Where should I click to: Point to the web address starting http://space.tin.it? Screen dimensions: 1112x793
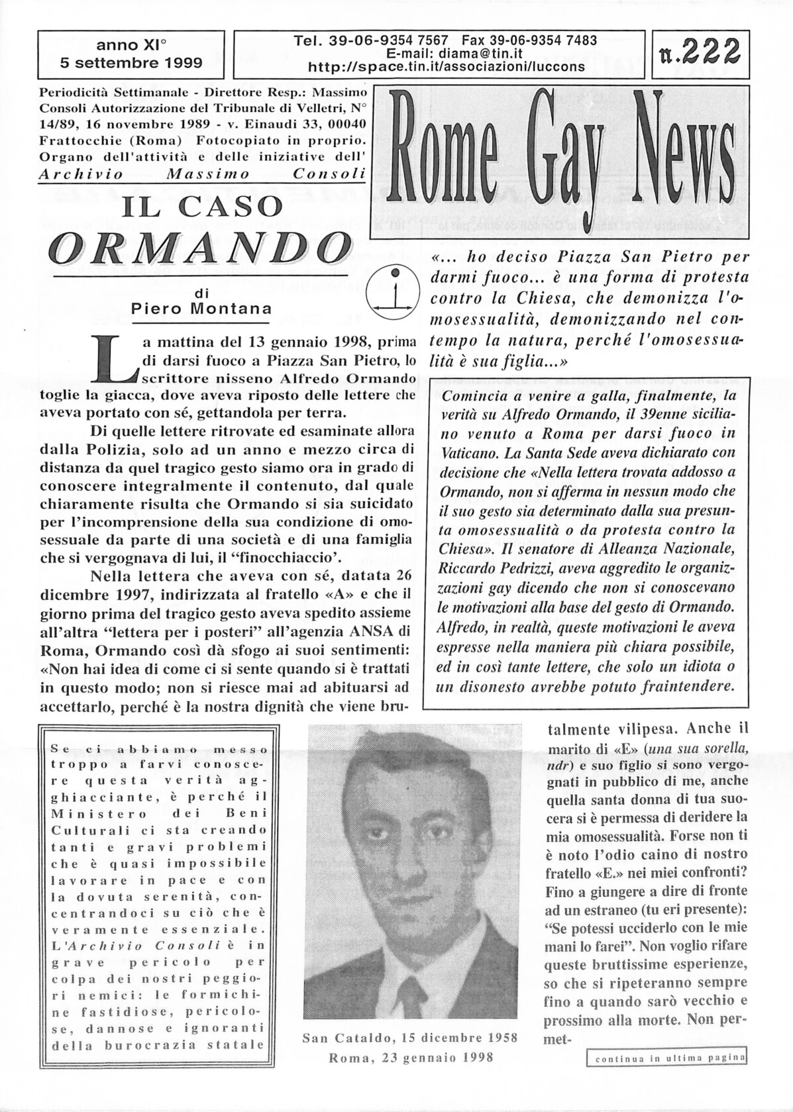(x=447, y=66)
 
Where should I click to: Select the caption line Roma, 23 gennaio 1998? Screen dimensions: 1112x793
(x=411, y=1058)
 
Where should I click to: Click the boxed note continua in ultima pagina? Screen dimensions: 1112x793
(x=668, y=1078)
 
